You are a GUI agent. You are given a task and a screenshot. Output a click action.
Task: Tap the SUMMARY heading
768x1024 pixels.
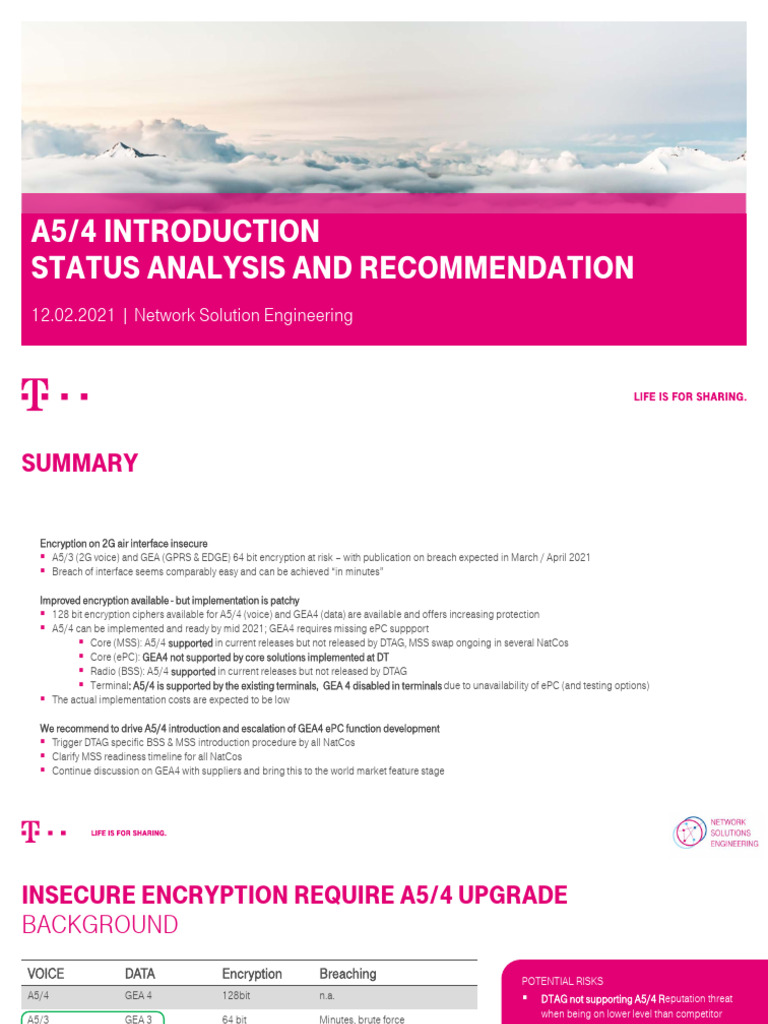click(79, 463)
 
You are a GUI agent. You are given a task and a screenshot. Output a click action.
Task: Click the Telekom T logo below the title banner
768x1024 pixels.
click(35, 394)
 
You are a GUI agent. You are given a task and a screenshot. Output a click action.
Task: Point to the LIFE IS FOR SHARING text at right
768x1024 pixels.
click(690, 397)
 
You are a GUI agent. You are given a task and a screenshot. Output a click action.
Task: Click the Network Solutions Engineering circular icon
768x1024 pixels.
click(690, 832)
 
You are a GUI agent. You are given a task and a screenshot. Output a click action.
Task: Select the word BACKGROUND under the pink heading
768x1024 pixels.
click(100, 925)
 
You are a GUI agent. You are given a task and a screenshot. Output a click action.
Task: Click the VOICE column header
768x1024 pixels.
click(46, 974)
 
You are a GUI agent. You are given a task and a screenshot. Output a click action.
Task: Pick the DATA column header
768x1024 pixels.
click(140, 974)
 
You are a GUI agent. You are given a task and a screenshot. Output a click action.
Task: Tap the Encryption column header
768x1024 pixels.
click(252, 974)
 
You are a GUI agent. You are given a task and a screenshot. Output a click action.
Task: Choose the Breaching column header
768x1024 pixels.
click(348, 974)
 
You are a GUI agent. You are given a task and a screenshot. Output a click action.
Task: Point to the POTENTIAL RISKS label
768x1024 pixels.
click(562, 981)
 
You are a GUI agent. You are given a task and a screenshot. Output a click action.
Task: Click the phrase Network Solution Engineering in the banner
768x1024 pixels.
click(243, 316)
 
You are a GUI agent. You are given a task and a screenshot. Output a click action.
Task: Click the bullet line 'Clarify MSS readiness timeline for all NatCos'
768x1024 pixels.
click(141, 757)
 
